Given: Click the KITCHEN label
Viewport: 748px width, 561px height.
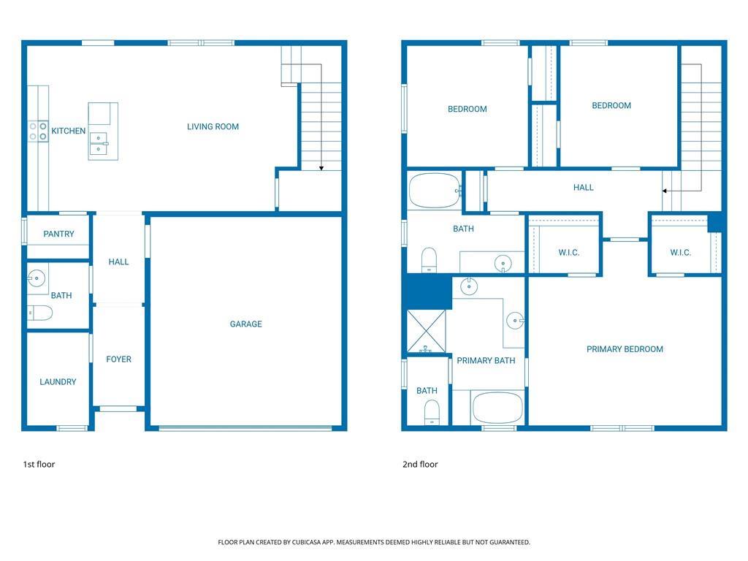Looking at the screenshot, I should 68,131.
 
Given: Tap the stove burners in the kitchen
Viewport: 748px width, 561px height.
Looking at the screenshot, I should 39,131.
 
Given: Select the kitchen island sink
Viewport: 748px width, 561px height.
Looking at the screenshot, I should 99,142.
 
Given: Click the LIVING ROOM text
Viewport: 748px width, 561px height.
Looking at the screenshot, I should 213,127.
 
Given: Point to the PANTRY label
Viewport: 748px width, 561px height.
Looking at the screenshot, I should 58,234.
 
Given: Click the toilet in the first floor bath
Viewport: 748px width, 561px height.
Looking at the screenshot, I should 40,313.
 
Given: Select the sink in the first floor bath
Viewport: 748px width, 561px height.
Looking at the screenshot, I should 37,278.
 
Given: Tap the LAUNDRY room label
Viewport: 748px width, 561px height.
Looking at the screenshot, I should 58,382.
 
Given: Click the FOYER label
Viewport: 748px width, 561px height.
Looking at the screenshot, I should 118,359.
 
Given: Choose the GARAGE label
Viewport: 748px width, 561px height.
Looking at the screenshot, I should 245,324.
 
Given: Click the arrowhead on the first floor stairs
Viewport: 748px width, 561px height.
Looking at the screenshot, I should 321,168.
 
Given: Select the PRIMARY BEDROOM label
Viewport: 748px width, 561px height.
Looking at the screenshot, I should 625,349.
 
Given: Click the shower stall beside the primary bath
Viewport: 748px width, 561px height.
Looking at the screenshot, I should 427,330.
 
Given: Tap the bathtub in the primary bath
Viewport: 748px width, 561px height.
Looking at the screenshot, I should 497,407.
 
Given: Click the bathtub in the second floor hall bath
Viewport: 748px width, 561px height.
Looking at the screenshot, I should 434,191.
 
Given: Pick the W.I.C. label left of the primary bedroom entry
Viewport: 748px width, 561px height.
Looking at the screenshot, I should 568,253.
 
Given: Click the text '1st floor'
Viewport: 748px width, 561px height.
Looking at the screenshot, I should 39,465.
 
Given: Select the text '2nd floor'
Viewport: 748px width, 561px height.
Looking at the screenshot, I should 420,465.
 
